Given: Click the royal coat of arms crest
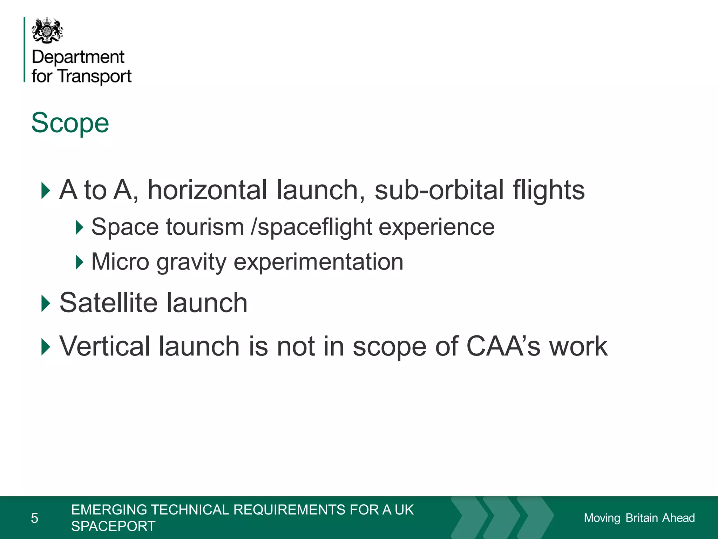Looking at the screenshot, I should (47, 31).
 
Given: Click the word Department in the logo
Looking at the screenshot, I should (78, 57).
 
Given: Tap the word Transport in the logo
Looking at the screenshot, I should (95, 76).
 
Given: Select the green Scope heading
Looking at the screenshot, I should (70, 123).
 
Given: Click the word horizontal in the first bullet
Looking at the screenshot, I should (207, 190).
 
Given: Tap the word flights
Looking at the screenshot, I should (549, 190).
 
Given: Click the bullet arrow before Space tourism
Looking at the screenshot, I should (80, 227).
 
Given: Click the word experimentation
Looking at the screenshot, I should (318, 262).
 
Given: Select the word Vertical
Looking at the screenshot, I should (106, 346).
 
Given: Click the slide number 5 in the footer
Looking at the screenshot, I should (34, 518).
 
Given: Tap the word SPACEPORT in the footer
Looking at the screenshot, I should (113, 526).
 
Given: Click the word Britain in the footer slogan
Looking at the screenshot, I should (642, 518).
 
